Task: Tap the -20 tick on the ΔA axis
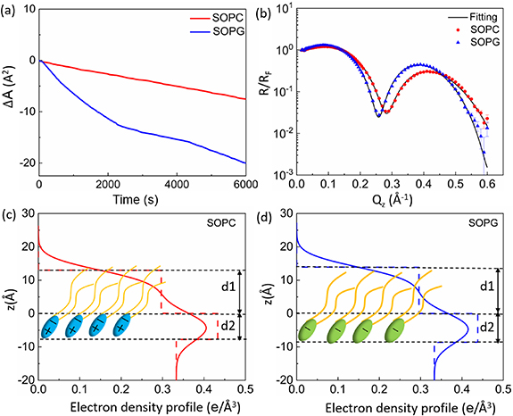[23, 162]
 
